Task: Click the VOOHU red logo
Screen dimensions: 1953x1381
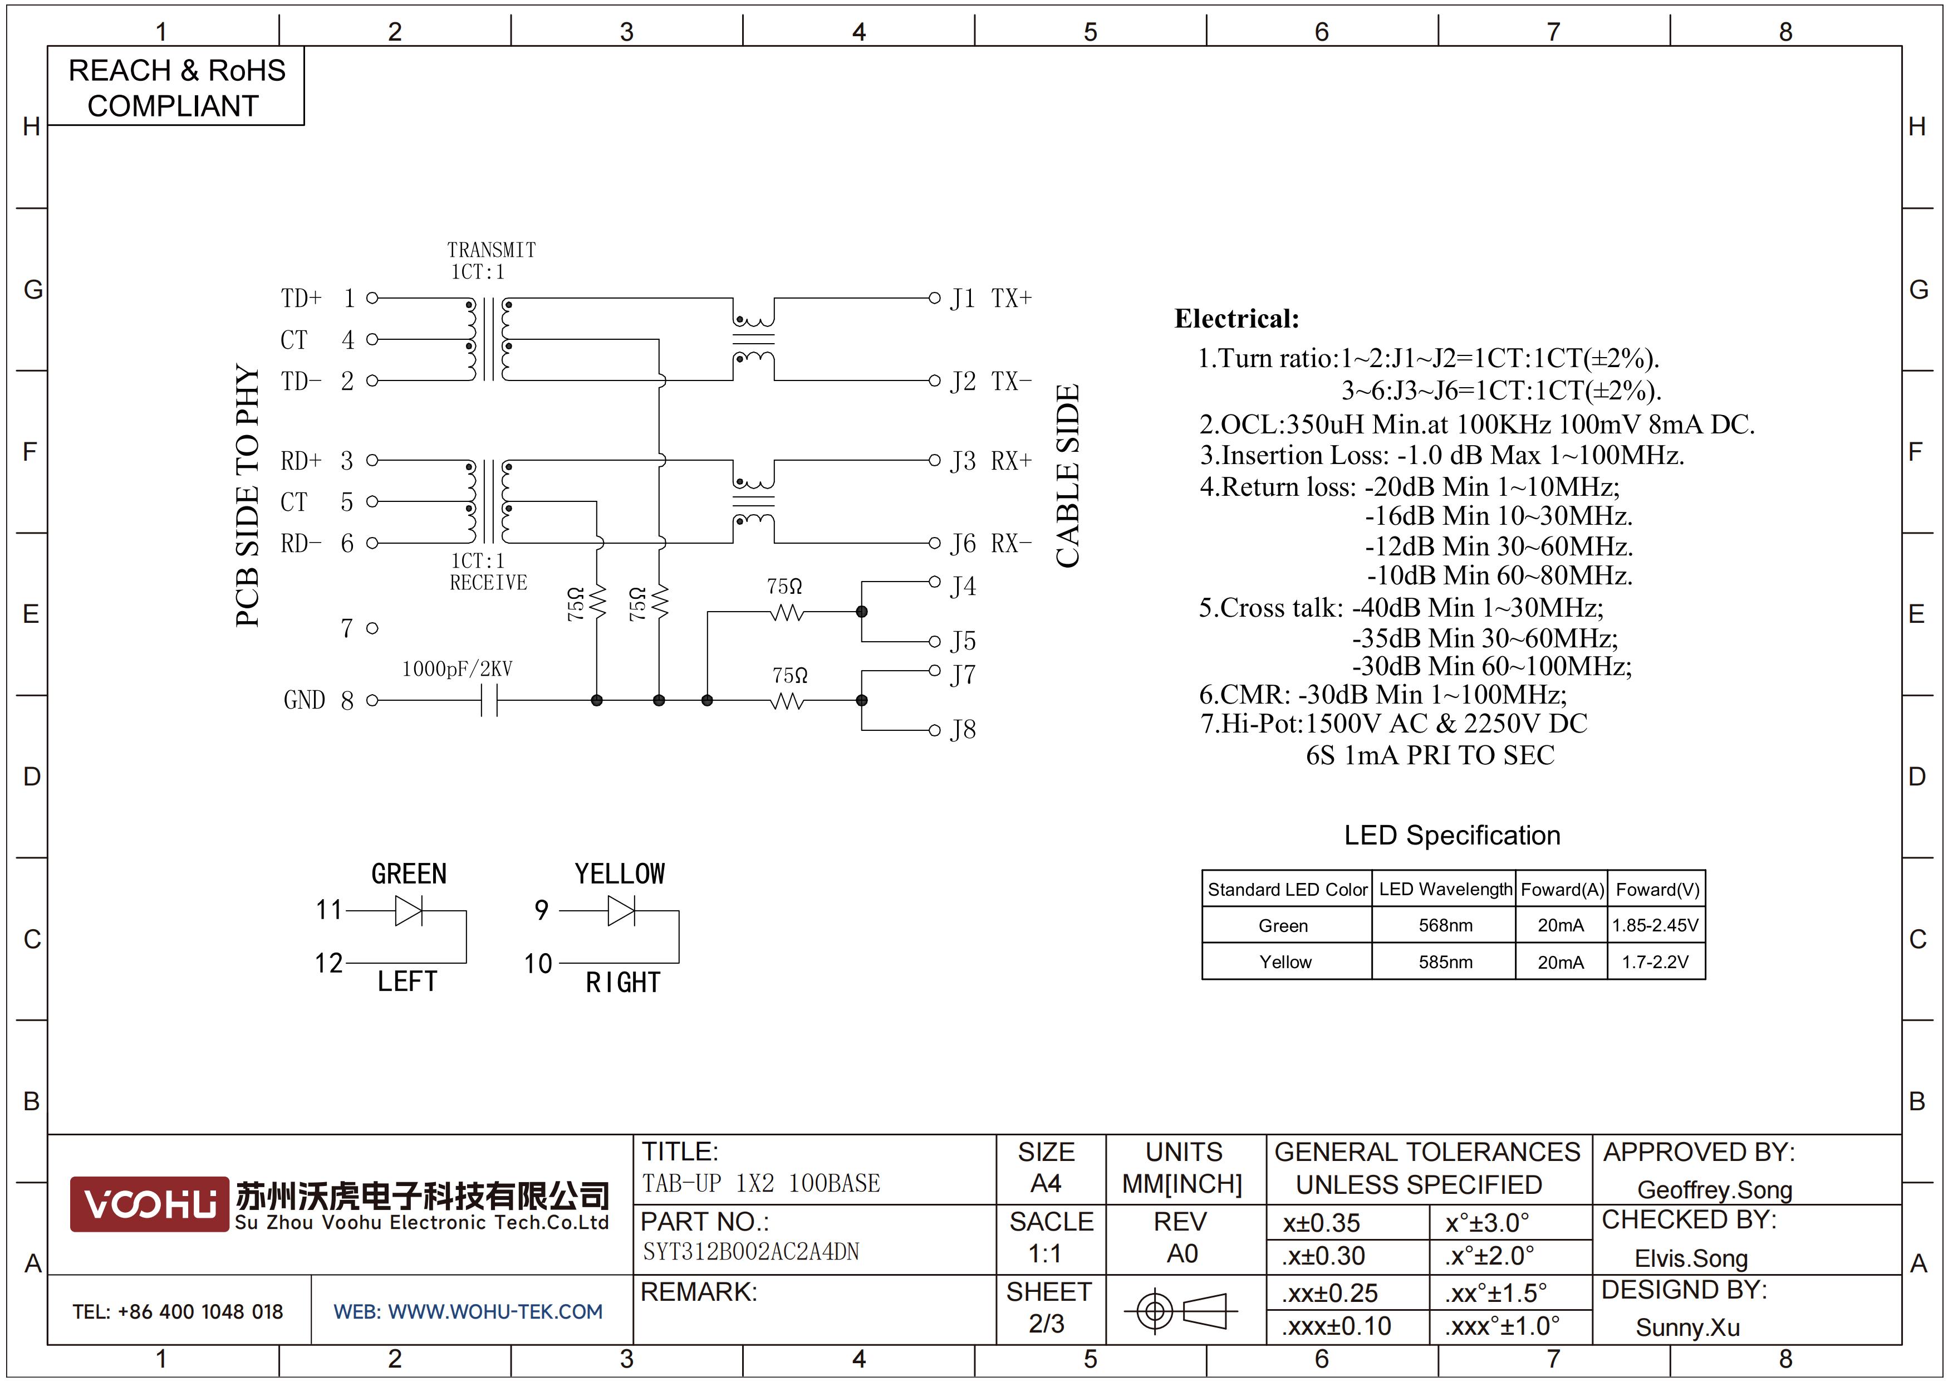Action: click(149, 1204)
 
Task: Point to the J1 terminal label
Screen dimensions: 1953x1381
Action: click(963, 299)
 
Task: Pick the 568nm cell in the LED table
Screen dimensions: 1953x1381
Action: click(1445, 925)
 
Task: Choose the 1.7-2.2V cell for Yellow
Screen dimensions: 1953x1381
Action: click(1655, 962)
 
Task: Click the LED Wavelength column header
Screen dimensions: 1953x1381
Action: click(1445, 889)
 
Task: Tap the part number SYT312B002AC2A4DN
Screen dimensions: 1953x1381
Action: click(751, 1252)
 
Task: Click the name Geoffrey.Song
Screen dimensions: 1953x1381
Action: click(1715, 1189)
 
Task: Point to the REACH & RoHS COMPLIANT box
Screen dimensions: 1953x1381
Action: click(176, 87)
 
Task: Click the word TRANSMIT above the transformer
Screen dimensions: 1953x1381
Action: click(492, 250)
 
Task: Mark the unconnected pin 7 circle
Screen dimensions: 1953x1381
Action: click(372, 628)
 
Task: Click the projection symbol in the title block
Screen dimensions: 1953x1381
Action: click(1179, 1310)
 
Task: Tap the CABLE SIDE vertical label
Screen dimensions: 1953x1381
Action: click(1067, 476)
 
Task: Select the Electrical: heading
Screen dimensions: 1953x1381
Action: click(1237, 319)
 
